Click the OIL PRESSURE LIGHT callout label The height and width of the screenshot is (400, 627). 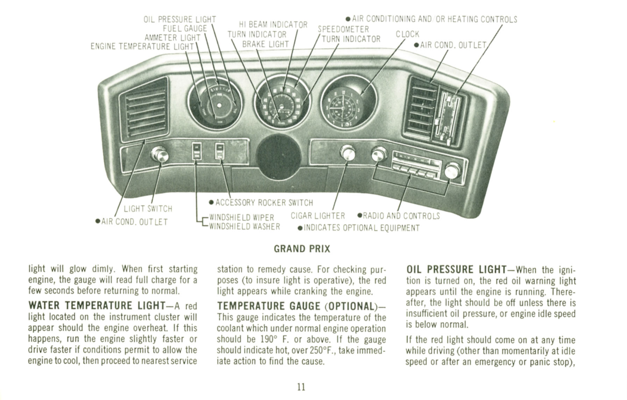tap(180, 19)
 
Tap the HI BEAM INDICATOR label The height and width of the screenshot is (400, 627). tap(273, 24)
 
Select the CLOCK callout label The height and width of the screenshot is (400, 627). tap(407, 34)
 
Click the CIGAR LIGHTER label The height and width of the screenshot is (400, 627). tap(318, 216)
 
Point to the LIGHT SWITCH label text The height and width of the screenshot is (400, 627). tap(148, 209)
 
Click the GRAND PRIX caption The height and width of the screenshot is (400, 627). tap(302, 249)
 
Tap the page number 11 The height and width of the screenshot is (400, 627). tap(301, 387)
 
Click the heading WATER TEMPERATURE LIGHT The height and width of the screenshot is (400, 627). tap(97, 306)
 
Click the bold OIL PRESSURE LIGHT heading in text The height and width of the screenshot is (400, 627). tap(456, 269)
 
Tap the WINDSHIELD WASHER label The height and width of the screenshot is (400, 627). tap(244, 227)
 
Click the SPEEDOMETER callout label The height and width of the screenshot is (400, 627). tap(343, 29)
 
